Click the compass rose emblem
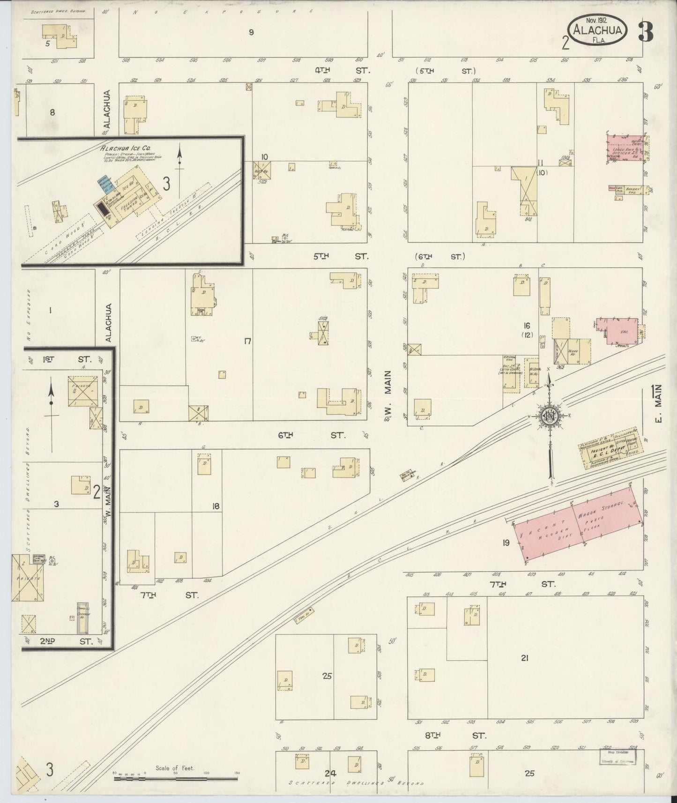[549, 416]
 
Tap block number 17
[247, 341]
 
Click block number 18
[216, 506]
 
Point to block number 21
[525, 658]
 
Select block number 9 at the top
[251, 32]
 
